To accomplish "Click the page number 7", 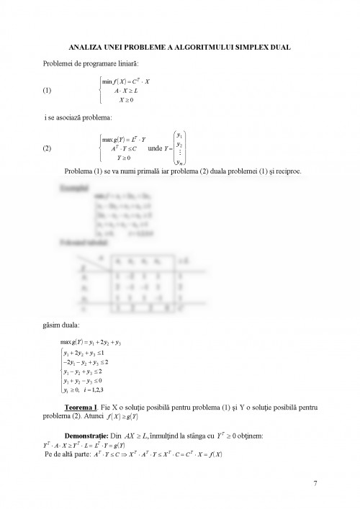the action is (x=315, y=482).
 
